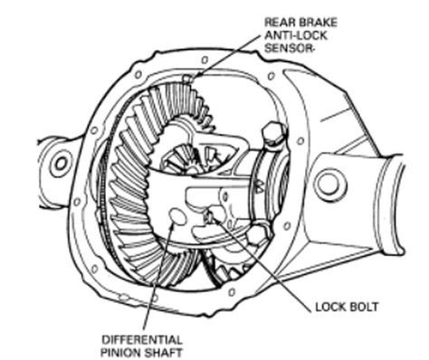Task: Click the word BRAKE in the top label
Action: tap(318, 23)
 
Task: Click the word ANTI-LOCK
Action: tap(296, 35)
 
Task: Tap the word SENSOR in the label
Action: tap(287, 48)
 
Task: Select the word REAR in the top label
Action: tap(280, 23)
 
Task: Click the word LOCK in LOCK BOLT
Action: tap(331, 307)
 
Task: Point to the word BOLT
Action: tap(364, 307)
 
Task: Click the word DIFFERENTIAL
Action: tap(142, 340)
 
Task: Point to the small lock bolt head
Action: tap(208, 215)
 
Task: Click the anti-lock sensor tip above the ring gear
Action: tap(187, 79)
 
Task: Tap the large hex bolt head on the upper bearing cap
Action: tap(273, 133)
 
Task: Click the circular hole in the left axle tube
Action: tap(61, 164)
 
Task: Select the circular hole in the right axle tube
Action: tap(330, 184)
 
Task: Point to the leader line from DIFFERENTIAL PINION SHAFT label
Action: tap(157, 277)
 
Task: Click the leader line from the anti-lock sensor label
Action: tap(226, 56)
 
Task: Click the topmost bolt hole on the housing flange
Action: tap(205, 60)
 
